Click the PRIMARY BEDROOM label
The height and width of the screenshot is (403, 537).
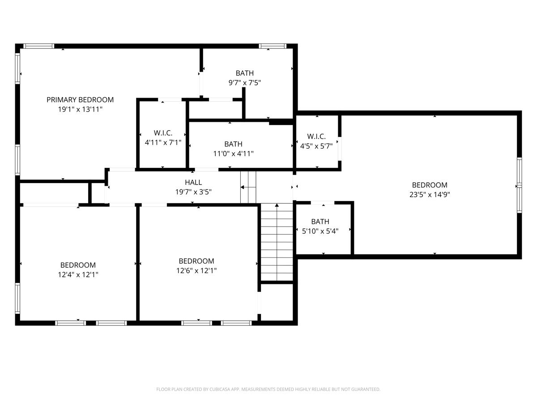click(x=80, y=99)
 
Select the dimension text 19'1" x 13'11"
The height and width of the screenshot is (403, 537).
click(x=80, y=109)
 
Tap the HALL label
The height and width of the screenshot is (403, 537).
click(x=193, y=182)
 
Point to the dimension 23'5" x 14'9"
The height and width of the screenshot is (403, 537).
click(x=430, y=194)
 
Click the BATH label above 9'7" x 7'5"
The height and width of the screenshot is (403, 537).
click(x=245, y=73)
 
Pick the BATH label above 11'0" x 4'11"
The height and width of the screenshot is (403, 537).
click(x=233, y=144)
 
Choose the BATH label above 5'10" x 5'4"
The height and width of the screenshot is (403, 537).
click(x=320, y=222)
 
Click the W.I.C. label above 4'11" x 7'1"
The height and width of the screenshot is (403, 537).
click(x=163, y=133)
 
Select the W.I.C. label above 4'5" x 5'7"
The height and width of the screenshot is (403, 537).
click(x=316, y=136)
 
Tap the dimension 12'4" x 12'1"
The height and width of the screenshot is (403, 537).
click(x=78, y=274)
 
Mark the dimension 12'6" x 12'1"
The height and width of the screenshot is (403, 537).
click(x=196, y=270)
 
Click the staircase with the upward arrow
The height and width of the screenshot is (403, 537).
click(x=277, y=242)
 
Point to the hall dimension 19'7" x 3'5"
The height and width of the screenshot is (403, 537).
click(x=193, y=192)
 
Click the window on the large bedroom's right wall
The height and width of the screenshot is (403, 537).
click(x=519, y=185)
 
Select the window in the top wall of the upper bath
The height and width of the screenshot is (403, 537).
click(x=272, y=46)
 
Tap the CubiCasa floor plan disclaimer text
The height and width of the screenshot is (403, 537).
click(x=268, y=390)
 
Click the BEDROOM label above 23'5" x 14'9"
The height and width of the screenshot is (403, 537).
click(x=430, y=185)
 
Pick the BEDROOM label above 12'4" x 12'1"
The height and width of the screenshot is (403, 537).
click(x=78, y=265)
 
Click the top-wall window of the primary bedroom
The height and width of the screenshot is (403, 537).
click(x=38, y=46)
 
